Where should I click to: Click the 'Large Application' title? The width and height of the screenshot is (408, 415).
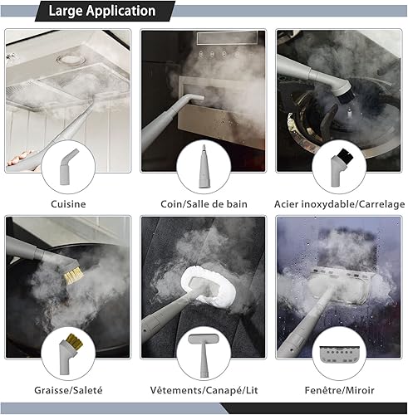[x=102, y=11]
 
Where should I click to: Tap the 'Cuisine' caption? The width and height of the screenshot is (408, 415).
[x=68, y=204]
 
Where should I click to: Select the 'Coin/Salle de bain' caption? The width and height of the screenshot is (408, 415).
[x=204, y=204]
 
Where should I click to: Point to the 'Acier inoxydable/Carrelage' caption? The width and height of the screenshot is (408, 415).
[x=339, y=204]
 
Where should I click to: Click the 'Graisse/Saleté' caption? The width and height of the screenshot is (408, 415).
[x=68, y=390]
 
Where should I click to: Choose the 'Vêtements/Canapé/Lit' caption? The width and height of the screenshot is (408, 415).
[x=204, y=390]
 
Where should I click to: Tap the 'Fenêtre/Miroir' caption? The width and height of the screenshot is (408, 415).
[x=339, y=390]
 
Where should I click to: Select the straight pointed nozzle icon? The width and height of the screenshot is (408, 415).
[x=204, y=167]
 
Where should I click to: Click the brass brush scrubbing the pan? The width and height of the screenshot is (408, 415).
[x=73, y=276]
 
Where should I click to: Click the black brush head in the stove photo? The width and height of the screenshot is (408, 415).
[x=347, y=96]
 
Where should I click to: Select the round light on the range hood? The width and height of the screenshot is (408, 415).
[x=69, y=59]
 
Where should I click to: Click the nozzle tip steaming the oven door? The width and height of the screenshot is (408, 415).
[x=198, y=98]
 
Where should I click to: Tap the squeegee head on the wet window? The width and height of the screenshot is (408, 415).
[x=339, y=286]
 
